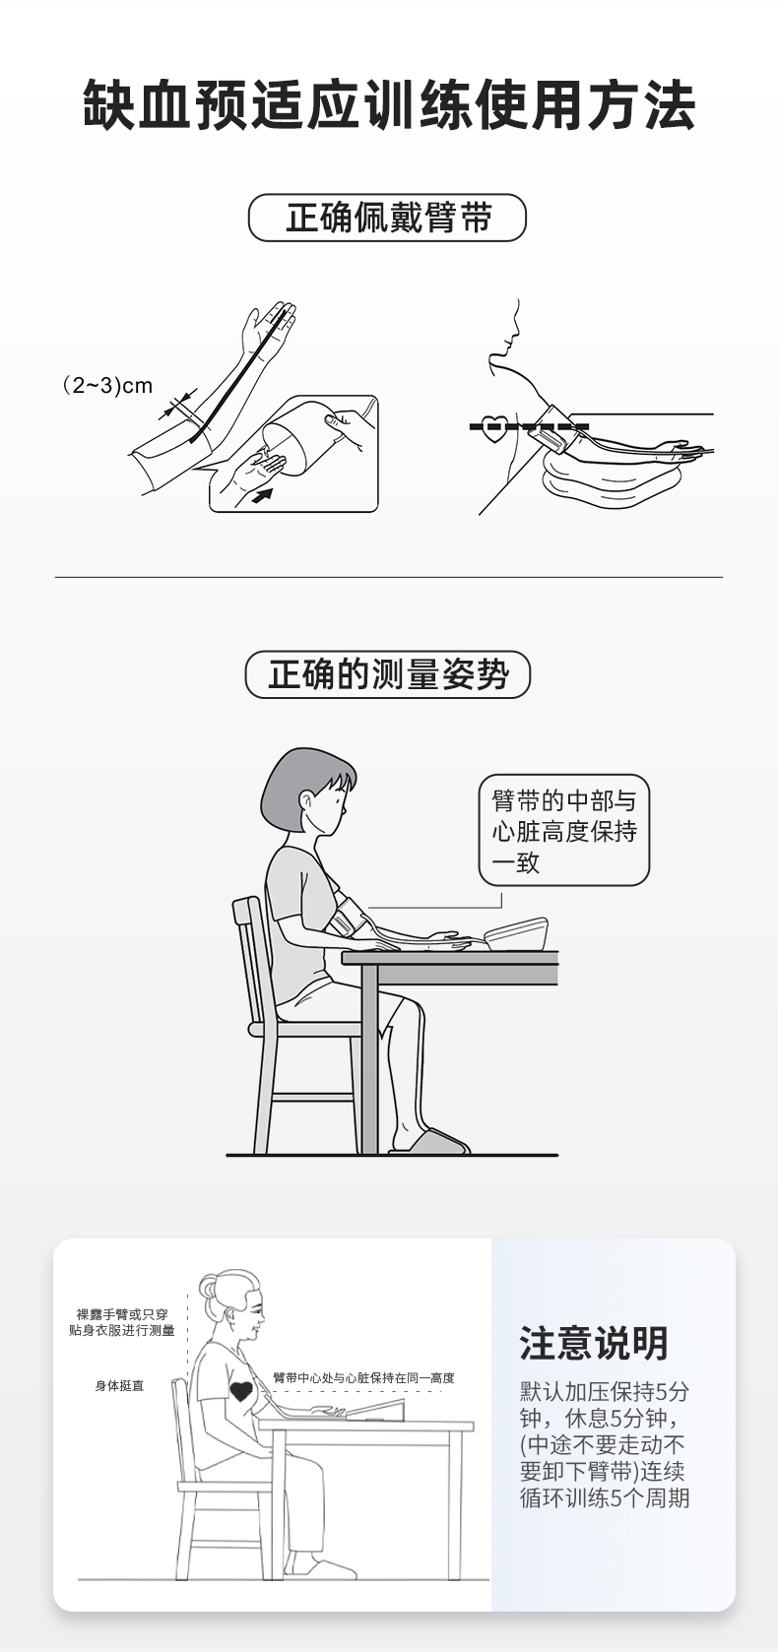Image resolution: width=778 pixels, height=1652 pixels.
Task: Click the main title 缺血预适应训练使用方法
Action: click(x=389, y=106)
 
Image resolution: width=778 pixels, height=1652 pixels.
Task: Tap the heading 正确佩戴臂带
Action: click(x=388, y=218)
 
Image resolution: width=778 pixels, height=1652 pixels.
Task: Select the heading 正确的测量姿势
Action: click(x=388, y=674)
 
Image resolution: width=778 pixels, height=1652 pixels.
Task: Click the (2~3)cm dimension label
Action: click(x=107, y=385)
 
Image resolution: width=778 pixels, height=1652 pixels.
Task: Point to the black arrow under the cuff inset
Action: click(x=262, y=494)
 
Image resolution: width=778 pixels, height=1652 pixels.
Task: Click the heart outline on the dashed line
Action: click(x=494, y=427)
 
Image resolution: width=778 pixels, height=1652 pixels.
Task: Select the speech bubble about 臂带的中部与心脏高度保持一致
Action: click(x=564, y=830)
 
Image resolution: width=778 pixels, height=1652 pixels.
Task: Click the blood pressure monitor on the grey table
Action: click(x=516, y=934)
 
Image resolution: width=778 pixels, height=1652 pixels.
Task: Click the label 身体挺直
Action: click(x=119, y=1386)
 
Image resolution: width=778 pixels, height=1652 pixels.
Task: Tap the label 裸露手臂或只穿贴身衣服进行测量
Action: click(x=122, y=1322)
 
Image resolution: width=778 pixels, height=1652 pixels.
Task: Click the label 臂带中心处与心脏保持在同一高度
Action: click(x=364, y=1377)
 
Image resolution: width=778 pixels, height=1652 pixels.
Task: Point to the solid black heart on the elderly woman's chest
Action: click(x=241, y=1392)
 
